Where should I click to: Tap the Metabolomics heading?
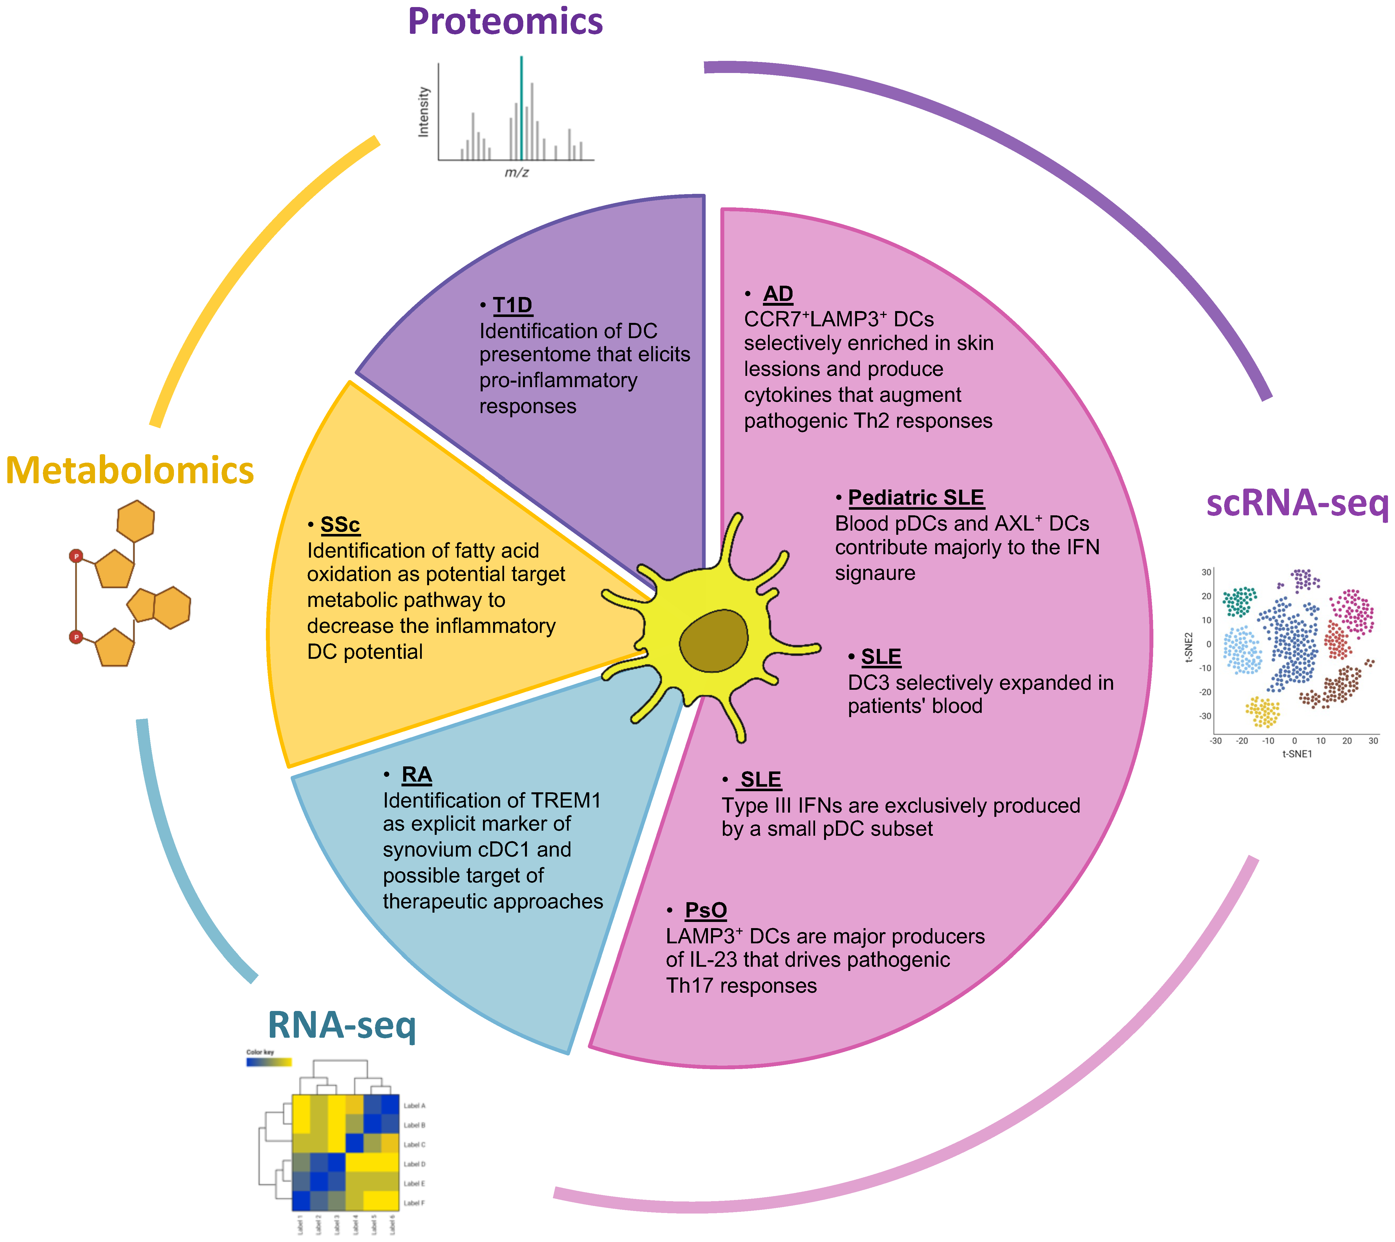(130, 471)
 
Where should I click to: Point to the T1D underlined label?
(512, 305)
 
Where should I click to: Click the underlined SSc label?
(340, 525)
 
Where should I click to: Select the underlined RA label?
(416, 775)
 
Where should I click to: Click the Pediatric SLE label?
(916, 498)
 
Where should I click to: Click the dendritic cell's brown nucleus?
(714, 640)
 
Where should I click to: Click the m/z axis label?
(516, 173)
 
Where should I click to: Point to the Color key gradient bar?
(269, 1062)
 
